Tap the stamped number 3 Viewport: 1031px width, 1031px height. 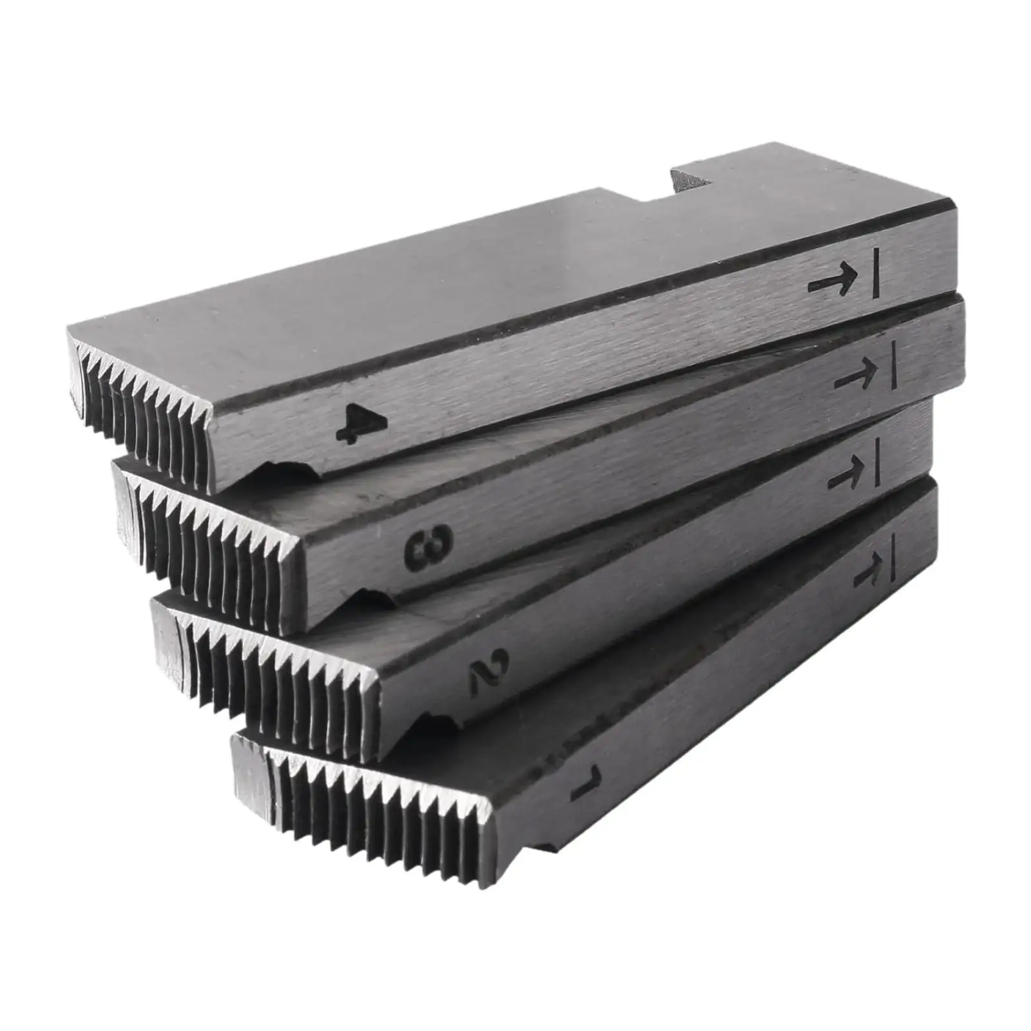429,546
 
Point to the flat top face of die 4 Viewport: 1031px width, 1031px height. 451,271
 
